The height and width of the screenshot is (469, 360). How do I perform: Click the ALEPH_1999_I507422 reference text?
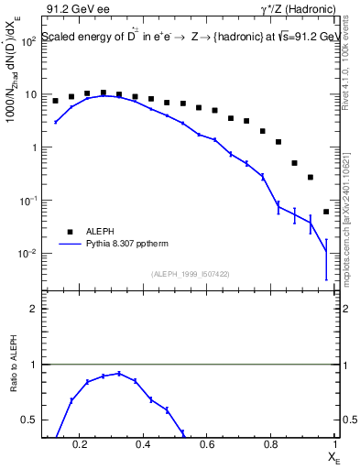(x=191, y=274)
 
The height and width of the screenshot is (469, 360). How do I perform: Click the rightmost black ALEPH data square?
(x=326, y=212)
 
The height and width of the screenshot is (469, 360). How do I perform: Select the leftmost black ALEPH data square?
(x=55, y=101)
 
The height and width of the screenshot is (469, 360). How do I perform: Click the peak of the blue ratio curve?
(x=119, y=374)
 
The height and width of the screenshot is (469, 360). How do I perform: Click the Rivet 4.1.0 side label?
(x=350, y=82)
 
